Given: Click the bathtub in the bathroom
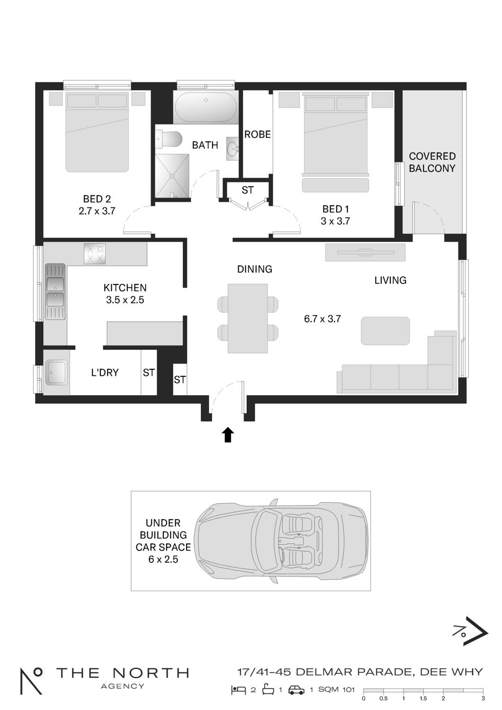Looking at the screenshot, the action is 206,107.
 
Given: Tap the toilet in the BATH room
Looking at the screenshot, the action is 170,139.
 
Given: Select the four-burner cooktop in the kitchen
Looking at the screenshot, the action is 95,254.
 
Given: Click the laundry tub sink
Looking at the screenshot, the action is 56,373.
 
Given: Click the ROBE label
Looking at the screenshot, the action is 258,134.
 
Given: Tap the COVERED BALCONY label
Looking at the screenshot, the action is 432,162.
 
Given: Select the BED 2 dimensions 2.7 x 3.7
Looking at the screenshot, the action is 97,211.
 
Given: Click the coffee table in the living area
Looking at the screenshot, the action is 385,330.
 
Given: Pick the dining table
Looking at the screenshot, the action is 248,318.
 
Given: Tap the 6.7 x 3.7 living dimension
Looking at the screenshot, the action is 322,319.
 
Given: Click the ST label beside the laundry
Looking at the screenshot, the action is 149,373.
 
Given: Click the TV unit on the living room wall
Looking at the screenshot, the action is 365,252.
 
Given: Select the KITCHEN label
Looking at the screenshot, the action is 125,288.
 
